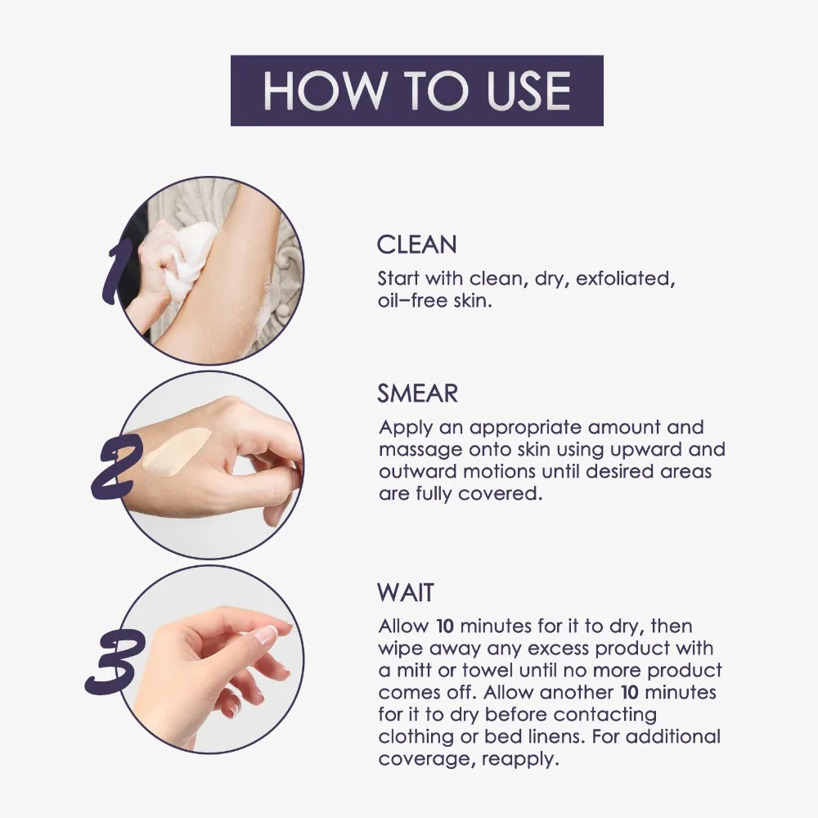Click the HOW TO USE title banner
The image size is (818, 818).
click(x=416, y=91)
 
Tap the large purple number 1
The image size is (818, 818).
click(x=115, y=269)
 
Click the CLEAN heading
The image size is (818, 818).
click(x=416, y=245)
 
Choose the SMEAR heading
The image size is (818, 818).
click(x=417, y=393)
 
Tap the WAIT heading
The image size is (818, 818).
click(x=407, y=591)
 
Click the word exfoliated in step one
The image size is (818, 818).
click(x=625, y=278)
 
